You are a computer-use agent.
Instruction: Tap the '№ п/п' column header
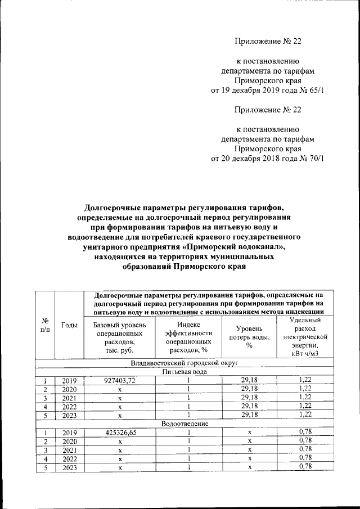pyautogui.click(x=45, y=325)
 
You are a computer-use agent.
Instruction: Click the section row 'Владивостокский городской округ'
pyautogui.click(x=185, y=363)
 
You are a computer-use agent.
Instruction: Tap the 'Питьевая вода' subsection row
pyautogui.click(x=185, y=372)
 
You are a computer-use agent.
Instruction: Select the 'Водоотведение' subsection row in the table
pyautogui.click(x=185, y=423)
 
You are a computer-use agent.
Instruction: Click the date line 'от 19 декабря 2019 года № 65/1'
pyautogui.click(x=267, y=89)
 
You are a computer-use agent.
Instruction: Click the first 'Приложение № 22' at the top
pyautogui.click(x=267, y=40)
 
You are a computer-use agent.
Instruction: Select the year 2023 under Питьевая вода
pyautogui.click(x=69, y=415)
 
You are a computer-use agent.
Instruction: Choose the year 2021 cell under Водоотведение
pyautogui.click(x=69, y=449)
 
